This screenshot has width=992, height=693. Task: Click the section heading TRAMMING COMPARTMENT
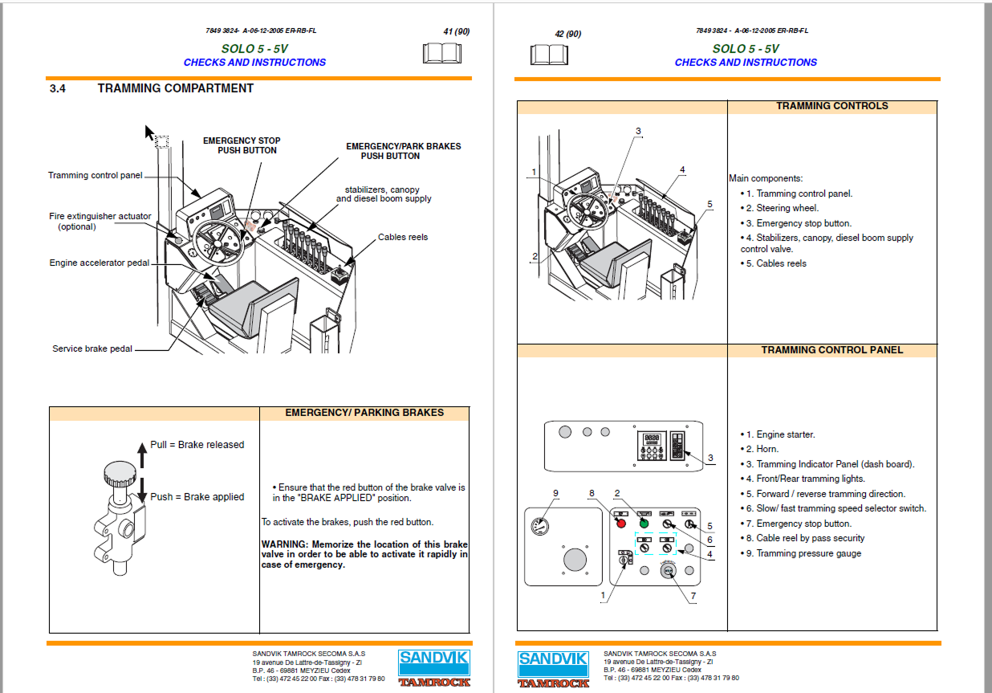pyautogui.click(x=175, y=88)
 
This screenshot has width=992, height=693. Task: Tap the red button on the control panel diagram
pyautogui.click(x=620, y=524)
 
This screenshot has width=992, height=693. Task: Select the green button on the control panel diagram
pyautogui.click(x=643, y=524)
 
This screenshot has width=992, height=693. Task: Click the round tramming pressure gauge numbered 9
pyautogui.click(x=539, y=527)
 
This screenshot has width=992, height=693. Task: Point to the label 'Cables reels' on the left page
pyautogui.click(x=403, y=238)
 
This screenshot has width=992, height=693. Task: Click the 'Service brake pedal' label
pyautogui.click(x=92, y=349)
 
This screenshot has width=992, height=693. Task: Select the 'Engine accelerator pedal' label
pyautogui.click(x=100, y=263)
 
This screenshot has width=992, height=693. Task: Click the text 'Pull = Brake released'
pyautogui.click(x=197, y=445)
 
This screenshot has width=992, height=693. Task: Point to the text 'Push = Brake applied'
pyautogui.click(x=197, y=497)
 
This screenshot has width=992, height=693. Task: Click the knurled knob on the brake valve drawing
pyautogui.click(x=118, y=473)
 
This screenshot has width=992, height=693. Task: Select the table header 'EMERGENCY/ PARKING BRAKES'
pyautogui.click(x=364, y=413)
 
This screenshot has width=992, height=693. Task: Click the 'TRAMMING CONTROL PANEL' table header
pyautogui.click(x=831, y=350)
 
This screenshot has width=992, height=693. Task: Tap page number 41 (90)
pyautogui.click(x=456, y=32)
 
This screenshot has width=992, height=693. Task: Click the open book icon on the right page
pyautogui.click(x=549, y=54)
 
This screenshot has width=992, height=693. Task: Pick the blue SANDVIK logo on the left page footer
pyautogui.click(x=433, y=663)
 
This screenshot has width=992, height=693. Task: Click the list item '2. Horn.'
pyautogui.click(x=759, y=450)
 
